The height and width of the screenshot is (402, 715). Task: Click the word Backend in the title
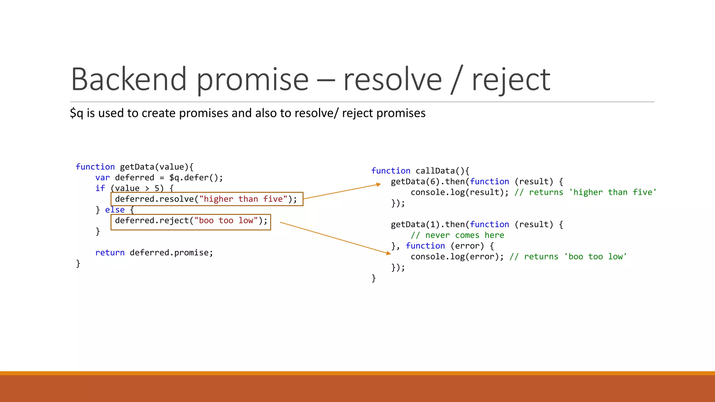pyautogui.click(x=128, y=80)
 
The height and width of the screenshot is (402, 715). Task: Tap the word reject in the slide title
pyautogui.click(x=511, y=80)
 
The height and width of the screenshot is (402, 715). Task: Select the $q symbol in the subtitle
pyautogui.click(x=76, y=113)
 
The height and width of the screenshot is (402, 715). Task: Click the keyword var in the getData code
pyautogui.click(x=102, y=178)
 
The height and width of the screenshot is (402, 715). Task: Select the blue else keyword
pyautogui.click(x=115, y=210)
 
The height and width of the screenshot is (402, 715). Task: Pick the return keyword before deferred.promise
pyautogui.click(x=110, y=253)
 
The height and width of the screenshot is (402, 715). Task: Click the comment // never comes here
pyautogui.click(x=457, y=235)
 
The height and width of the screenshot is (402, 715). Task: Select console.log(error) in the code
pyautogui.click(x=457, y=257)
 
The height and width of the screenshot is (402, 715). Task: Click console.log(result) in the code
pyautogui.click(x=459, y=192)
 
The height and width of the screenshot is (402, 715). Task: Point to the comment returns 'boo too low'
pyautogui.click(x=568, y=257)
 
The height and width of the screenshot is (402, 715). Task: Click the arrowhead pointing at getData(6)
pyautogui.click(x=378, y=184)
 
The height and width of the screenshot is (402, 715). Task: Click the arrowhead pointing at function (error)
pyautogui.click(x=389, y=253)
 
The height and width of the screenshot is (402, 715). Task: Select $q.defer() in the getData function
pyautogui.click(x=196, y=178)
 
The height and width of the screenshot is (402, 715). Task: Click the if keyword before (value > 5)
pyautogui.click(x=100, y=188)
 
